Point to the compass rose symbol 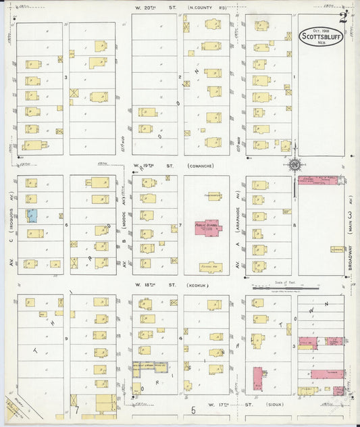(295, 164)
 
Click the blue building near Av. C (32, 216)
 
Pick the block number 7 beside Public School (180, 224)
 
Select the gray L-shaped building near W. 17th (149, 368)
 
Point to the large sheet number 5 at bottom (193, 409)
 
